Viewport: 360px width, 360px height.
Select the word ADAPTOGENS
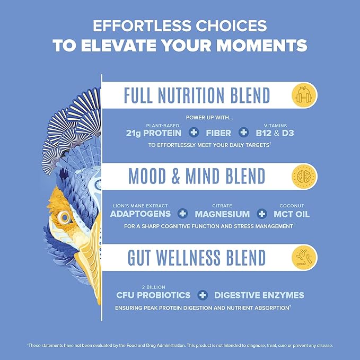coord(141,214)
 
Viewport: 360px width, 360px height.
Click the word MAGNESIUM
coord(222,214)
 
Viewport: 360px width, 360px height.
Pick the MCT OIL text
coord(291,214)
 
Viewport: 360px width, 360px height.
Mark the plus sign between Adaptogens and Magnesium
coord(183,214)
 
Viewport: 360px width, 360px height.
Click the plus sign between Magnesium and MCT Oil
coord(261,214)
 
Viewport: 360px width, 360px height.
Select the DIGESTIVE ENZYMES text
coord(259,295)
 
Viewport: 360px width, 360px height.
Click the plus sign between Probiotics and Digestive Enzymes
coord(201,295)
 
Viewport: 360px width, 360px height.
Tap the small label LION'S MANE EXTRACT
coord(141,205)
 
